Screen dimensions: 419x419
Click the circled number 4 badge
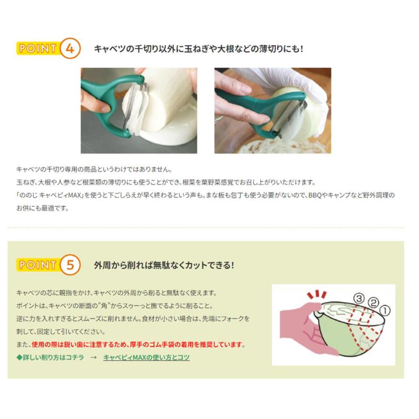tap(69, 49)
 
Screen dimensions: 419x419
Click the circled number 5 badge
tap(69, 265)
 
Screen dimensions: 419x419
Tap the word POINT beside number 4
tap(38, 49)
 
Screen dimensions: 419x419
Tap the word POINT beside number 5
tap(38, 265)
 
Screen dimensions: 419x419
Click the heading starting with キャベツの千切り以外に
tap(198, 48)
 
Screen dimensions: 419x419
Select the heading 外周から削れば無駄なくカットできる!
tap(164, 265)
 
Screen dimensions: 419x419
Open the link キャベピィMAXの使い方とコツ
tap(146, 358)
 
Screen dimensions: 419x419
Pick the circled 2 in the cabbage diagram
tap(372, 303)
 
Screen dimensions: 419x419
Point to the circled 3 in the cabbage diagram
tap(358, 298)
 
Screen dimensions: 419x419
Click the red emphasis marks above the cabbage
tap(317, 295)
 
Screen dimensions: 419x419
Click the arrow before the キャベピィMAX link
tap(93, 358)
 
